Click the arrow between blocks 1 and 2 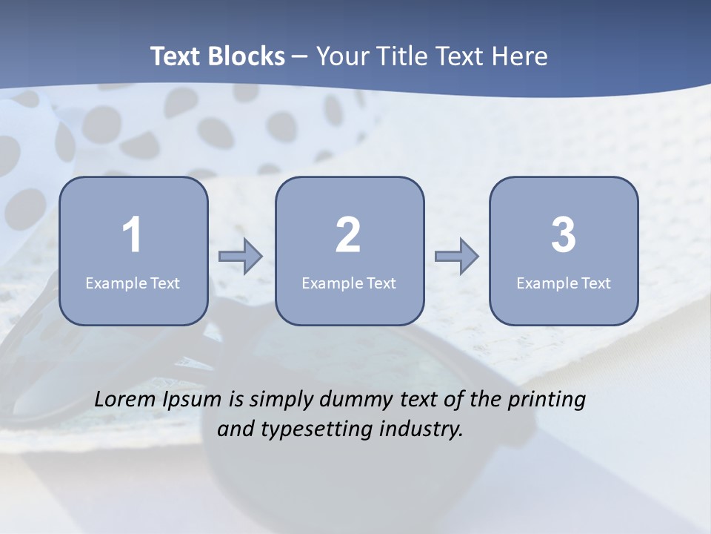coord(241,257)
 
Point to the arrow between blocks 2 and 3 coord(457,257)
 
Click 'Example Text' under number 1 coord(133,283)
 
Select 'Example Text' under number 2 coord(349,283)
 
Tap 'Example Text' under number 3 coord(564,283)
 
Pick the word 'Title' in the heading coord(404,56)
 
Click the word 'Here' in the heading coord(523,56)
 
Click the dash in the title coord(300,56)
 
